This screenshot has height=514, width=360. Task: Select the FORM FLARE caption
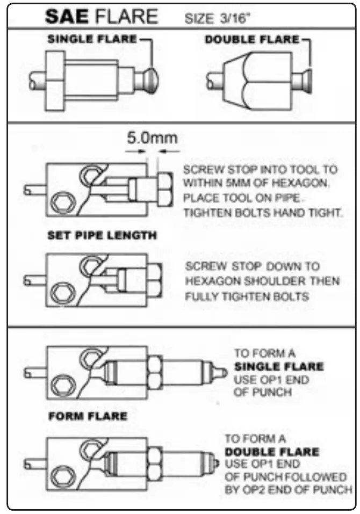(88, 416)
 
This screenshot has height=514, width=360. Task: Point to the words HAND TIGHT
(312, 212)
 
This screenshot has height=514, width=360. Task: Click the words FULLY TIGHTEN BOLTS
(247, 296)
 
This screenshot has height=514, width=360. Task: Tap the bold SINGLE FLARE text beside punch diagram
(278, 367)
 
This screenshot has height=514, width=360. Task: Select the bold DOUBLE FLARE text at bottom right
(271, 452)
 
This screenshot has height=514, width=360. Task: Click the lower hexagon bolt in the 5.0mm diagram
(62, 205)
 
